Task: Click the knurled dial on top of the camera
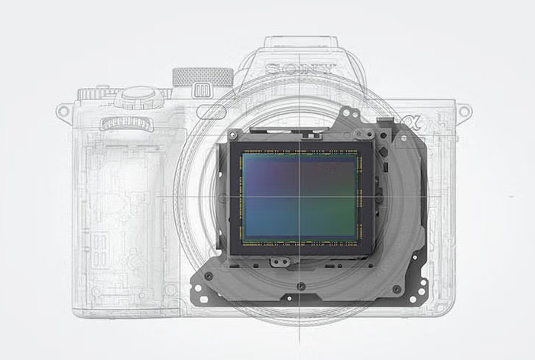(203, 76)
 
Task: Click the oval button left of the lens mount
(211, 112)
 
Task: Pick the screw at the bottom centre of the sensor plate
(301, 285)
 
